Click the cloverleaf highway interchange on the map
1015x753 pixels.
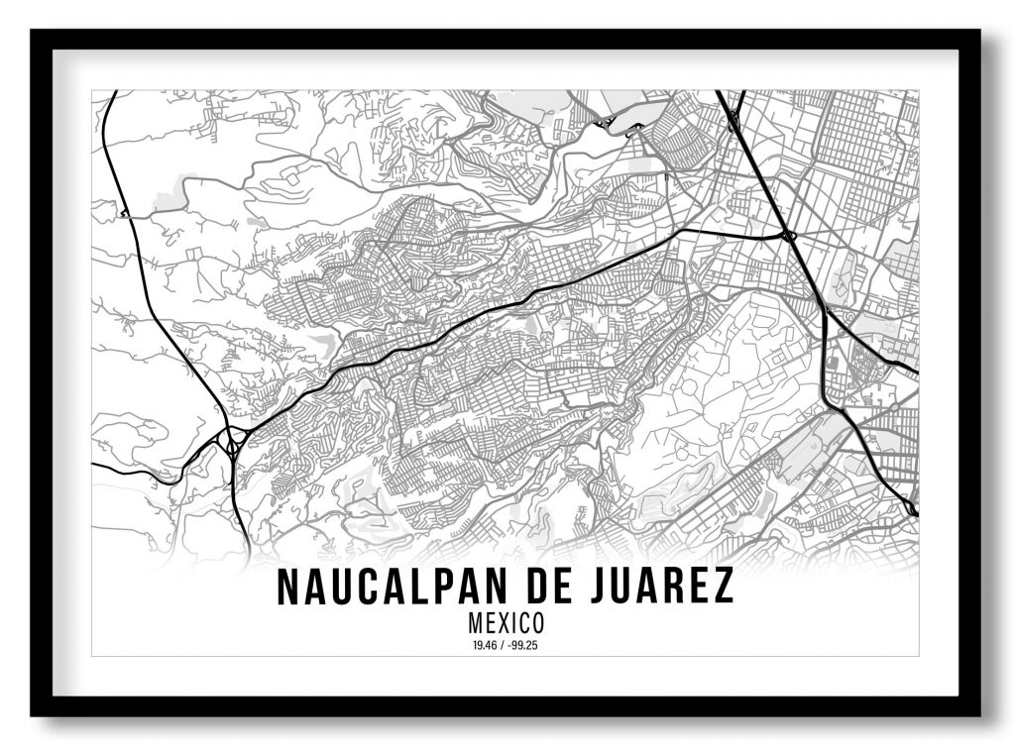tap(234, 437)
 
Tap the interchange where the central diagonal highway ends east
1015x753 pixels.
tap(788, 236)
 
